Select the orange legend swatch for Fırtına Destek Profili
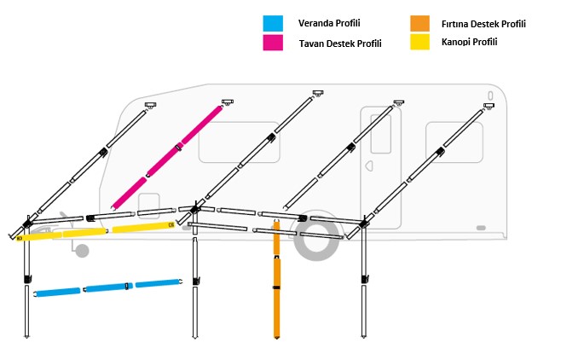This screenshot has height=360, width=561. click(x=418, y=23)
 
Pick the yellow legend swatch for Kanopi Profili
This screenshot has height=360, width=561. click(x=418, y=41)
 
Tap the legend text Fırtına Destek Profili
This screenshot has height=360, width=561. click(x=483, y=24)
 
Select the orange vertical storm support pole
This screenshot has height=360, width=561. click(x=276, y=290)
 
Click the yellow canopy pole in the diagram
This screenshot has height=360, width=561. click(x=94, y=230)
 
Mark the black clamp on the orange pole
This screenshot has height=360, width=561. click(x=276, y=288)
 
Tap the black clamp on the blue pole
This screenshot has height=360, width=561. click(x=127, y=285)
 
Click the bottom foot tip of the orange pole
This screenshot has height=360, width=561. click(x=276, y=335)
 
